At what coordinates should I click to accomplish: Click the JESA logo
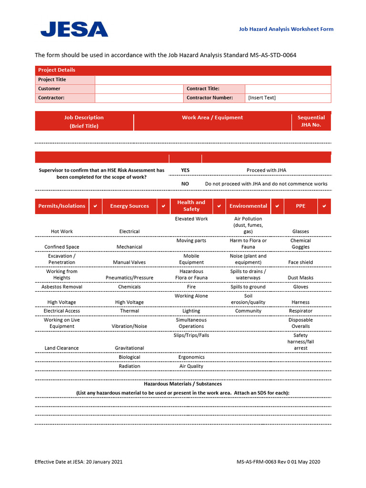point(74,29)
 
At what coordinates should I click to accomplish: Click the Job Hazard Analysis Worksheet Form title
point(286,29)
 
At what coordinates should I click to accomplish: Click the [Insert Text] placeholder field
point(262,98)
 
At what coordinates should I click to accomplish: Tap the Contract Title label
point(203,89)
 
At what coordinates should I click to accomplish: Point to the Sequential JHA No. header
point(311,121)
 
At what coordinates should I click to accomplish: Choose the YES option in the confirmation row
point(185,170)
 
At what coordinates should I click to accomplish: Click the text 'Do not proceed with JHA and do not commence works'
point(266,183)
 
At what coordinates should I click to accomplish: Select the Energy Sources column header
point(129,206)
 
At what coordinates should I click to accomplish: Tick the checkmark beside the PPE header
point(324,206)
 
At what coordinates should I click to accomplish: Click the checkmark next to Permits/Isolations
point(95,206)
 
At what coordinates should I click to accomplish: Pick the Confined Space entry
point(61,247)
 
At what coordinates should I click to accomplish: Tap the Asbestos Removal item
point(61,287)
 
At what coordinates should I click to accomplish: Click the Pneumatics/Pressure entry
point(129,278)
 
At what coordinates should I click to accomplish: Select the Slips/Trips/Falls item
point(191,335)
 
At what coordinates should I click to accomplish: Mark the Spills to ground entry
point(248,287)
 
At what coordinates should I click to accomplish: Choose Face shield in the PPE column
point(300,263)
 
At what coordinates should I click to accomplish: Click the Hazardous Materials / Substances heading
point(183,384)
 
